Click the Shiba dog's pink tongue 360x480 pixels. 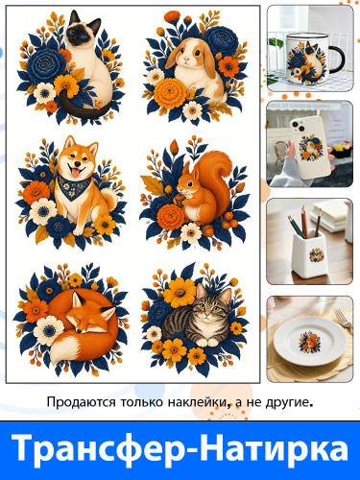coord(75,173)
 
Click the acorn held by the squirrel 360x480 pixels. coord(180,200)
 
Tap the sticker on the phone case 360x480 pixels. coord(310,148)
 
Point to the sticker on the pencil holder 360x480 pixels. coord(317,255)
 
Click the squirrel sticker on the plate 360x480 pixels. coord(309,342)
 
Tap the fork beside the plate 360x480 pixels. coord(345,319)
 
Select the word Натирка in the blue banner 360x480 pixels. coord(275,447)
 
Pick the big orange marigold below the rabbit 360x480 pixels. coord(170,93)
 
